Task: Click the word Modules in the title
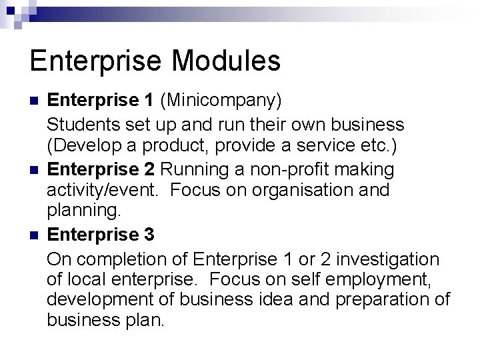pyautogui.click(x=226, y=61)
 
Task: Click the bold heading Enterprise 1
pyautogui.click(x=101, y=100)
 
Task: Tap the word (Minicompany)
pyautogui.click(x=221, y=100)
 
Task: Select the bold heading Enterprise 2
pyautogui.click(x=101, y=169)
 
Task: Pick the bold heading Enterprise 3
pyautogui.click(x=101, y=235)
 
